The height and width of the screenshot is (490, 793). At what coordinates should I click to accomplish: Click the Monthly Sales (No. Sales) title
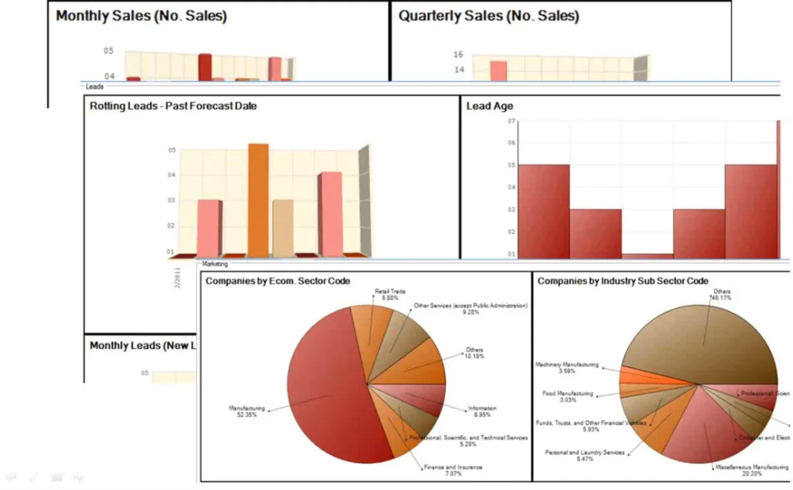(141, 17)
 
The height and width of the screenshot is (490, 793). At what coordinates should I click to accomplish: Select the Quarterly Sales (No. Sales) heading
(488, 17)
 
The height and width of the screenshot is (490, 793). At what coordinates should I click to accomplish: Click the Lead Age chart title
(489, 106)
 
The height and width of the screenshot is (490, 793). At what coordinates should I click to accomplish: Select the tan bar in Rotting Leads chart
(282, 228)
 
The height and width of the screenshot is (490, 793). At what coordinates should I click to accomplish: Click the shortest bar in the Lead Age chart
(647, 256)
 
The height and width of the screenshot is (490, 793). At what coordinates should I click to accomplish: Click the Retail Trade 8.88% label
(390, 294)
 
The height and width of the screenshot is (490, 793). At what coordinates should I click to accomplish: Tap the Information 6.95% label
(482, 411)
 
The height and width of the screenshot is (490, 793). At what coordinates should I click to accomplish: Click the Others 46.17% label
(719, 294)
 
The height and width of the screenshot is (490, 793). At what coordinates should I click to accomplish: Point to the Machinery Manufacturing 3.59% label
(567, 368)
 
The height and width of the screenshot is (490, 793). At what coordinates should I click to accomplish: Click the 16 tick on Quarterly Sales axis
(458, 55)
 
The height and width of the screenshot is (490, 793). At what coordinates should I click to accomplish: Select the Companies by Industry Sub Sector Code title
(623, 281)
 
